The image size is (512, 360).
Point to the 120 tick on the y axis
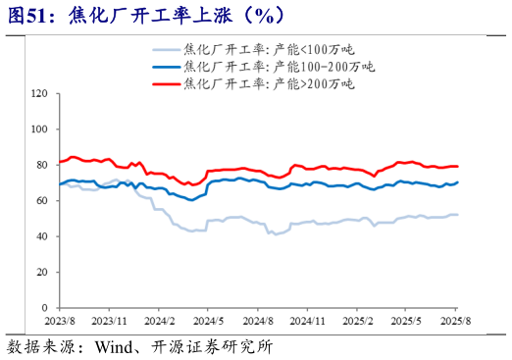point(41,94)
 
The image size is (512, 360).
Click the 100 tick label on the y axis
point(41,129)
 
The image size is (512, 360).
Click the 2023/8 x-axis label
point(61,321)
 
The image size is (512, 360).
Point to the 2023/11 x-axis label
point(110,321)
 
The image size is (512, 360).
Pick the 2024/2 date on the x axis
point(159,321)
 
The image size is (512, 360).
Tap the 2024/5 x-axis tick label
point(208,321)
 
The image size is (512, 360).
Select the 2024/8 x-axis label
point(257,321)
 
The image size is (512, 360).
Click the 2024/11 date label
point(308,321)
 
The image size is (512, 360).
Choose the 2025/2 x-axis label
point(357,321)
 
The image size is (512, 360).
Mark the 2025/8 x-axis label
point(455,321)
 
